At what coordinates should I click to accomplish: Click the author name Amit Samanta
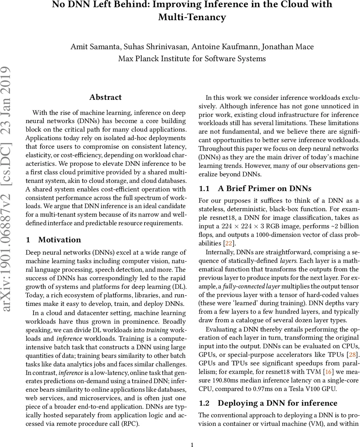pos(93,47)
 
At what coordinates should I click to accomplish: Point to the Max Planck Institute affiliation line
pos(192,58)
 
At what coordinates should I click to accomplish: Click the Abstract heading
pos(105,97)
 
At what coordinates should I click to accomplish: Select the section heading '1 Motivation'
pos(53,240)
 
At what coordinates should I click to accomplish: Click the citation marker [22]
pos(227,243)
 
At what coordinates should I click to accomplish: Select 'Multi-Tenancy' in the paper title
pos(192,17)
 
